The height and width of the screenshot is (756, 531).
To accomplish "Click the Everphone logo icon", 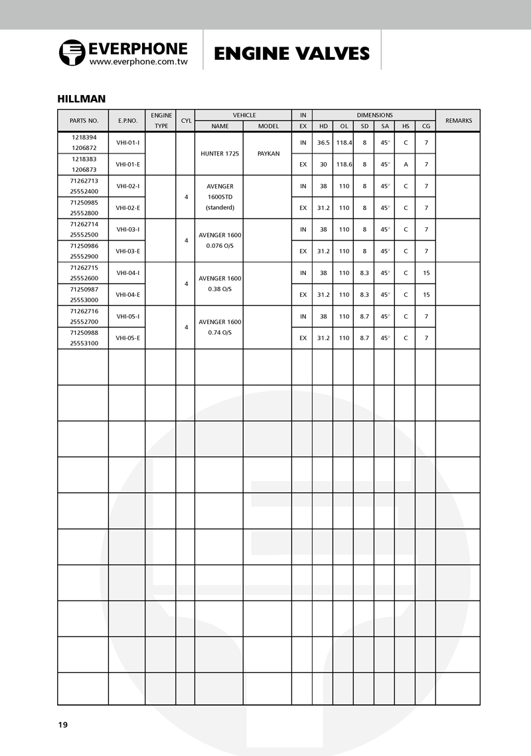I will point(72,52).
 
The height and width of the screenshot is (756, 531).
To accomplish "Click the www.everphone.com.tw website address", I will point(138,62).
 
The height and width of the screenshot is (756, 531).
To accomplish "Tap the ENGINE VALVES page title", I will point(291,53).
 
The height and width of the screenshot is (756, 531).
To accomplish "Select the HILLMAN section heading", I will point(82,99).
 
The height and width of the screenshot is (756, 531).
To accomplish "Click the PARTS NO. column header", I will point(84,121).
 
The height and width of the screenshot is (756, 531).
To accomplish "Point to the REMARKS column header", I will point(458,121).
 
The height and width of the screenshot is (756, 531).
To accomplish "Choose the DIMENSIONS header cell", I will point(374,115).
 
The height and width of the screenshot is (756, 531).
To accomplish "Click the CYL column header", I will point(186,121).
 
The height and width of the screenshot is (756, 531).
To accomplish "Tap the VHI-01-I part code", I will point(127,143).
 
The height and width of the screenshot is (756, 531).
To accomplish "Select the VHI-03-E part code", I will point(127,251).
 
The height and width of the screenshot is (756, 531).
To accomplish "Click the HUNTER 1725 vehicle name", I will point(219,153).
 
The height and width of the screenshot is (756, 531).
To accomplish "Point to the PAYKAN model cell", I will point(268,153).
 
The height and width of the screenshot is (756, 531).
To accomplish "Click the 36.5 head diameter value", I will point(323,143).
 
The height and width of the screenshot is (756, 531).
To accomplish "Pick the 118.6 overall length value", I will point(344,164).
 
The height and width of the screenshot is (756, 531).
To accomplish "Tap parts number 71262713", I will point(84,180).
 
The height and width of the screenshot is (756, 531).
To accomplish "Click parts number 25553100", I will point(84,343).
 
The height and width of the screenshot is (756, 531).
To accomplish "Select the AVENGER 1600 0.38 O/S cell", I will point(219,284).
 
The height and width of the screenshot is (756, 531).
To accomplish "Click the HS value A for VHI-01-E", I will point(405,164).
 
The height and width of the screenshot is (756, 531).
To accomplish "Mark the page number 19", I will point(62,724).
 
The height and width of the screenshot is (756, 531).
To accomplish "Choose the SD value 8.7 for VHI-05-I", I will point(364,316).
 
